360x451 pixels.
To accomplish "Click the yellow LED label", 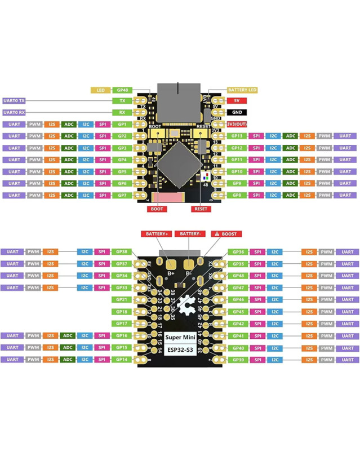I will pos(101,90).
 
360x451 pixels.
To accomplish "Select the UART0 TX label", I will pos(15,101).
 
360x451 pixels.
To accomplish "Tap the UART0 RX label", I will pos(15,112).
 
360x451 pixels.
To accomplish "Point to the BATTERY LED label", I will pos(243,90).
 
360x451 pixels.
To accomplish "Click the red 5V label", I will pos(237,101).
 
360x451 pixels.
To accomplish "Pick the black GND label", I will pos(237,112).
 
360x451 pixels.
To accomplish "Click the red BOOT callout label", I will pos(157,209).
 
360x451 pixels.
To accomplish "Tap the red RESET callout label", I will pos(200,209).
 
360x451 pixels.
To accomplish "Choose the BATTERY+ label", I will pos(155,233).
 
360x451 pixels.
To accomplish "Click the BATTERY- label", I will pos(190,233).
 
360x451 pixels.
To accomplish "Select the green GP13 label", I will pos(237,136).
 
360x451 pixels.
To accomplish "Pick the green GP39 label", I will pos(237,359).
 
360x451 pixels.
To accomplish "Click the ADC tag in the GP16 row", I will pos(69,335).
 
